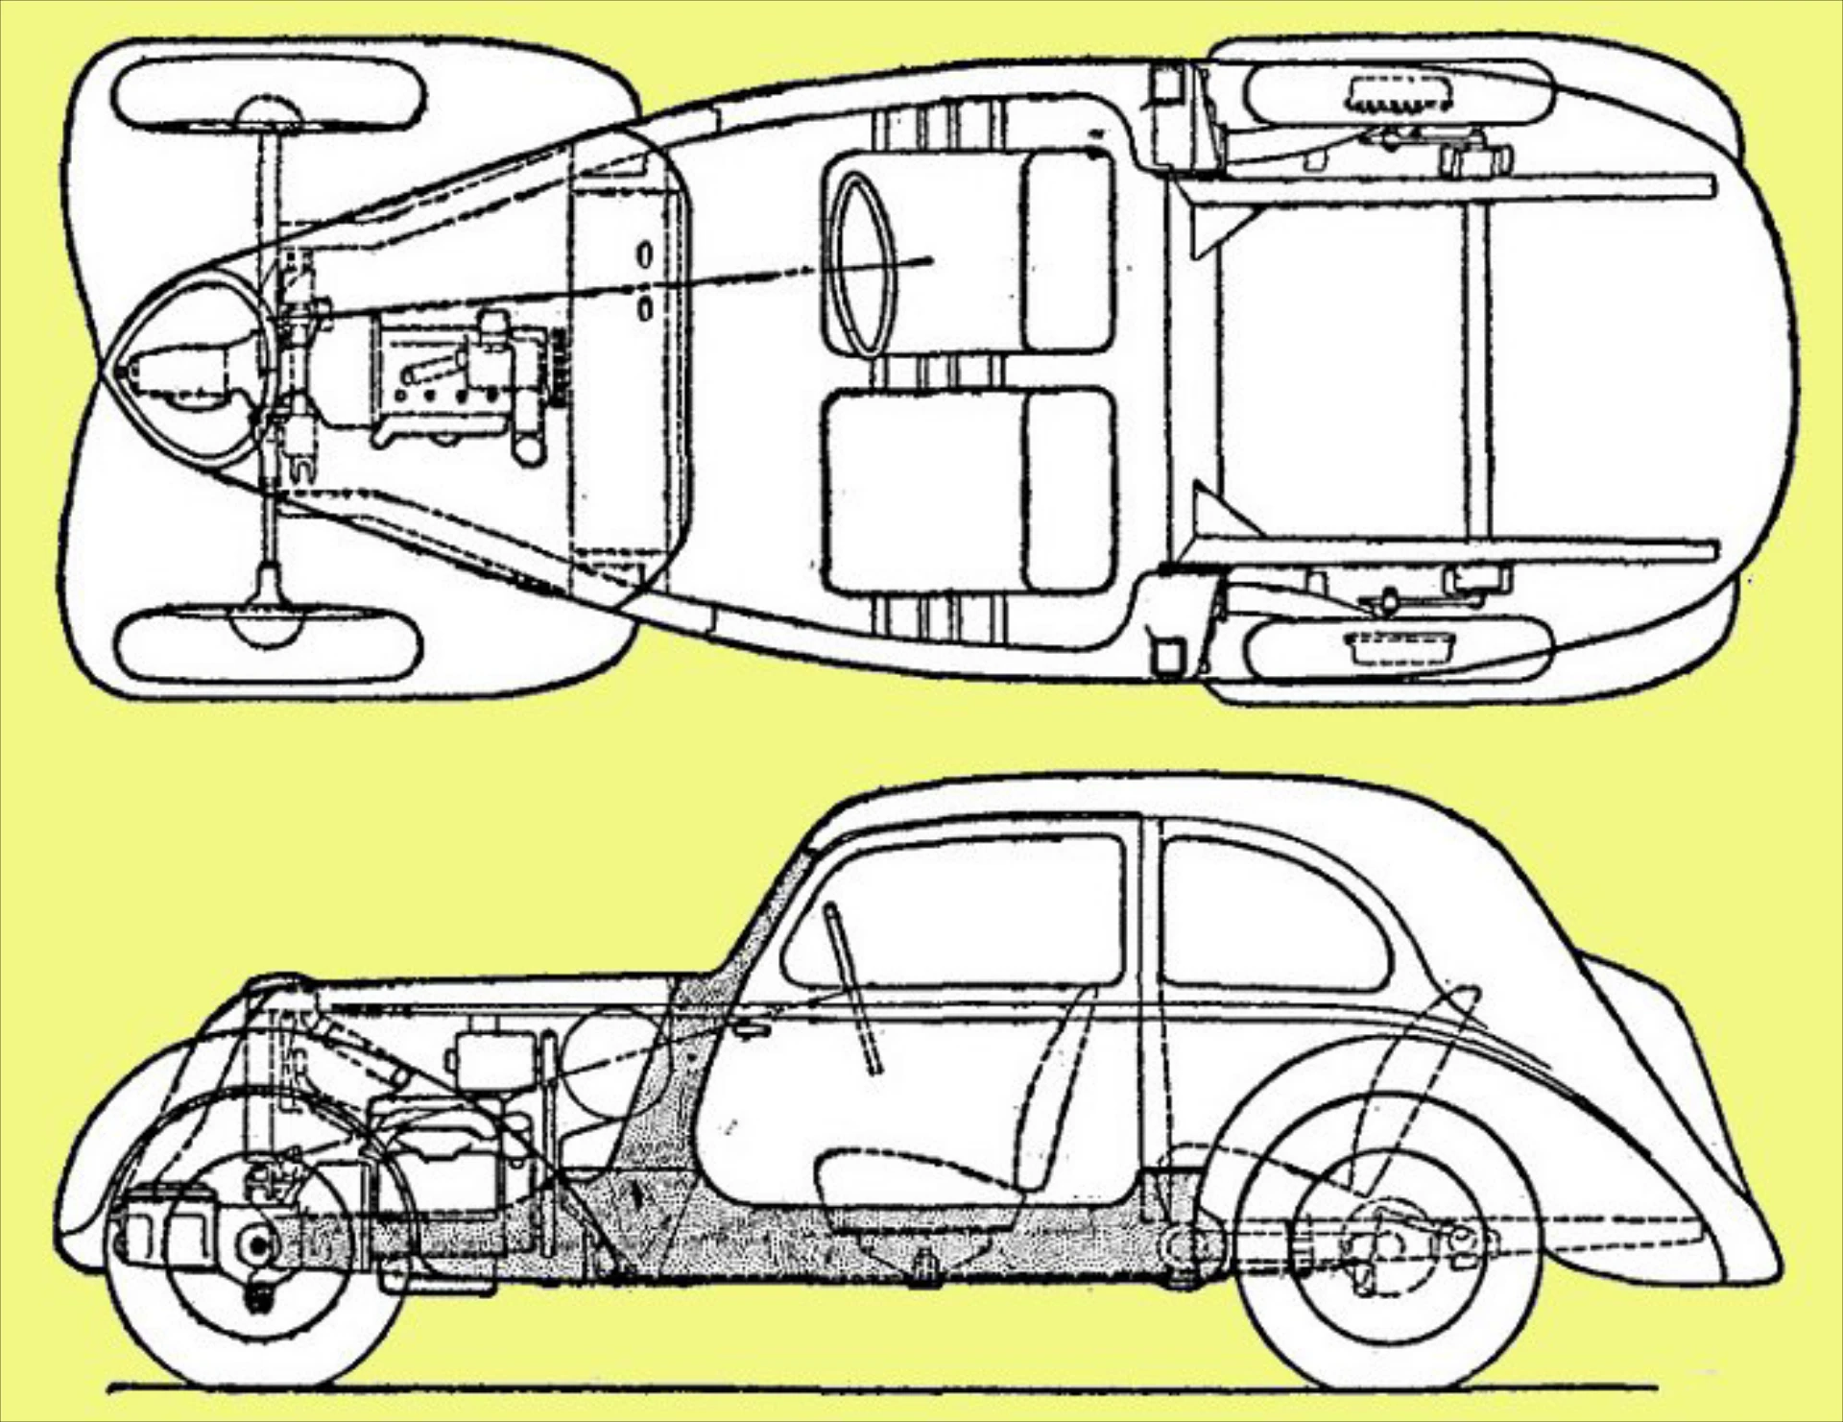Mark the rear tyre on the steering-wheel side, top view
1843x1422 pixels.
coord(1397,91)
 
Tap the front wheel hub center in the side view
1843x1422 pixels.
coord(257,1245)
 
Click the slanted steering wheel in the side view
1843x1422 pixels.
coord(852,989)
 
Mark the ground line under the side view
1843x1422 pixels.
coord(864,1386)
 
